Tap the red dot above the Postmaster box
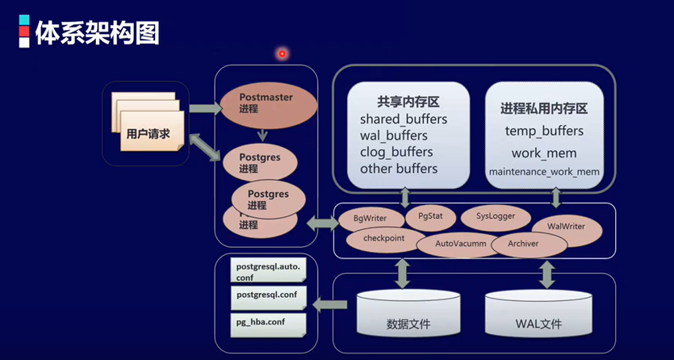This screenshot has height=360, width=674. pos(282,54)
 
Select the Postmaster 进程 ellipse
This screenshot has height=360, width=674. pos(266,103)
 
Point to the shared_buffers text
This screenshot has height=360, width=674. pos(404,119)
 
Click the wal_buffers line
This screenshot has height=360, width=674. pos(394,136)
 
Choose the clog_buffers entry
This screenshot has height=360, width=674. pos(396,152)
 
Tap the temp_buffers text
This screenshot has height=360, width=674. pos(544,131)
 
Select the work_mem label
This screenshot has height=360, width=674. pos(544,153)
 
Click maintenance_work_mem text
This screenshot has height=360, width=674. pos(544,172)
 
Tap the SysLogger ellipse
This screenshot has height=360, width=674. pos(495,217)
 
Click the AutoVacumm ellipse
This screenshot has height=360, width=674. pos(458,244)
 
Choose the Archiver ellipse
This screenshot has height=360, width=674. pos(522,244)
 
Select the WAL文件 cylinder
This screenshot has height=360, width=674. pos(538,317)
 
